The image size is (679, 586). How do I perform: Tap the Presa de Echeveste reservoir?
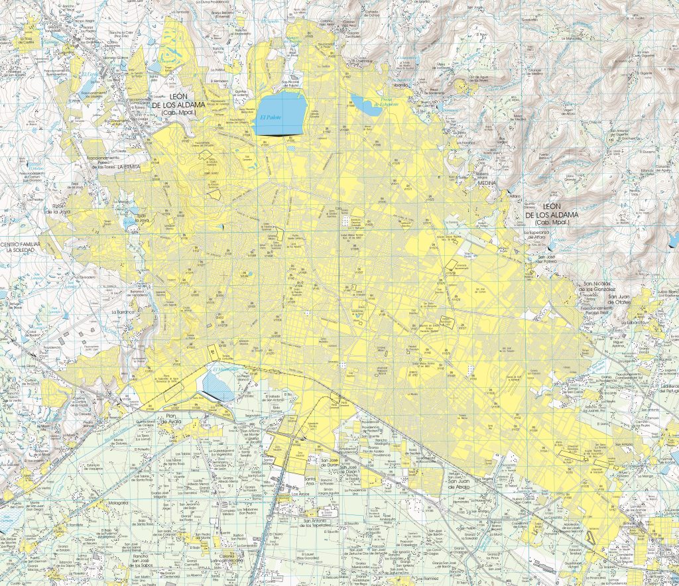tap(367, 104)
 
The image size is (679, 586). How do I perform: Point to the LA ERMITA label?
tap(129, 168)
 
